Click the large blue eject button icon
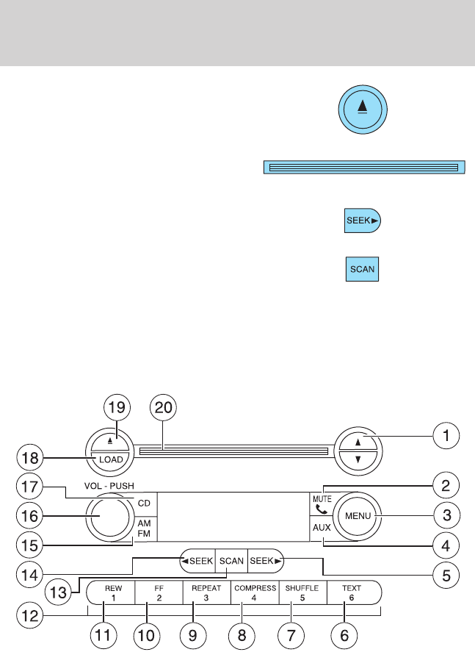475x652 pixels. click(363, 110)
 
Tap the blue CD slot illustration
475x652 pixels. click(364, 167)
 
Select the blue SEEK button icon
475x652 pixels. click(363, 221)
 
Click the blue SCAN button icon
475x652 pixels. click(362, 269)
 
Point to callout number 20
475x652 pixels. click(163, 407)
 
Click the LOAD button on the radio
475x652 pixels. click(110, 460)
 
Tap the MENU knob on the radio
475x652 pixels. click(358, 516)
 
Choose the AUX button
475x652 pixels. click(322, 528)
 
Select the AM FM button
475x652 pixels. click(145, 529)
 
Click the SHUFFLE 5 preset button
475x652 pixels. click(302, 592)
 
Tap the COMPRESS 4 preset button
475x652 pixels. click(255, 592)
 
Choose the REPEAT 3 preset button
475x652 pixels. click(206, 592)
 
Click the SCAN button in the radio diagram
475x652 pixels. click(231, 561)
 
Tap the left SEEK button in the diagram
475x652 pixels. click(197, 561)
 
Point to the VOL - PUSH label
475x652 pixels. click(109, 486)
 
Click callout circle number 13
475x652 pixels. click(58, 592)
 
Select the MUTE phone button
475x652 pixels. click(322, 504)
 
